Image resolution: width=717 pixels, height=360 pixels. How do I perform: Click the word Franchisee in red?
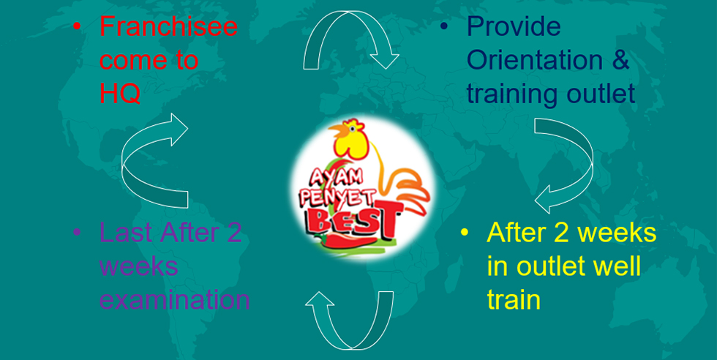169,26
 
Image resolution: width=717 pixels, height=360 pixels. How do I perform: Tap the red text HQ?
120,94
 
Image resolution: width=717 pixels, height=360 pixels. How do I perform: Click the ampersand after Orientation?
620,61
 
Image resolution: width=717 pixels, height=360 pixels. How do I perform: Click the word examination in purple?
175,300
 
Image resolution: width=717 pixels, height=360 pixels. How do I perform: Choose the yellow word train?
514,300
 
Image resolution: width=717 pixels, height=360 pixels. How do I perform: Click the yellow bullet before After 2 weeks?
465,232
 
